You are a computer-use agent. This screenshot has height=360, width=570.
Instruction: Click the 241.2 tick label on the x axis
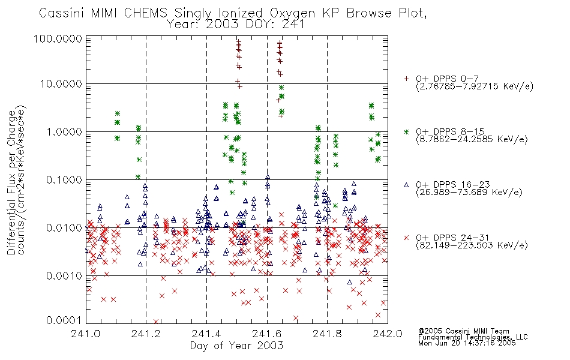146,334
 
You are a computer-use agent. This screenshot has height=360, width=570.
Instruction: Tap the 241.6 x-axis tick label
267,334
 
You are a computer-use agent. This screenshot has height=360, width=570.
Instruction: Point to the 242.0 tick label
388,334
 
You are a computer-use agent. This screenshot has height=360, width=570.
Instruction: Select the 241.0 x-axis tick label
86,334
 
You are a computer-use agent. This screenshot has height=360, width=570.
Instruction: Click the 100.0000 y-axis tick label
58,38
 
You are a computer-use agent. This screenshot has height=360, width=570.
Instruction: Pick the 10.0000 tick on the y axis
61,84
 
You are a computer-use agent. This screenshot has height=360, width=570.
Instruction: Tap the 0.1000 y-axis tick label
64,179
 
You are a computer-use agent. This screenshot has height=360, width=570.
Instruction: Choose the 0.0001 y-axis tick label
64,320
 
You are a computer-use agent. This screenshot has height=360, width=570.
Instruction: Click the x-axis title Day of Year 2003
236,346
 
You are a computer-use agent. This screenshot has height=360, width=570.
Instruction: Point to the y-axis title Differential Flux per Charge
11,182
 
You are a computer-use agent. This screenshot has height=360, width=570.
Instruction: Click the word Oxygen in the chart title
292,13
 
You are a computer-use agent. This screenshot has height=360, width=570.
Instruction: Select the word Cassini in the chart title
61,13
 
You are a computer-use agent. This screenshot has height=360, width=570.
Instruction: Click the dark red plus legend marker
406,79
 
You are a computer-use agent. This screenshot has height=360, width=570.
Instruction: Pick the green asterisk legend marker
406,131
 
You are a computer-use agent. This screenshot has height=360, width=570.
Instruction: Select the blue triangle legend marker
406,185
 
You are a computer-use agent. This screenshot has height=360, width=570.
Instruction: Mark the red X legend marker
406,238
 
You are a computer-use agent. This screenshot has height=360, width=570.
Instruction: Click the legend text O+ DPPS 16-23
453,185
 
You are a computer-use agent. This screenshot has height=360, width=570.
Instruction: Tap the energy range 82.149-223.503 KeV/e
472,245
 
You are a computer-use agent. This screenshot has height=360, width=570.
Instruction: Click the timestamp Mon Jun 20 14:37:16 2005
467,343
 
